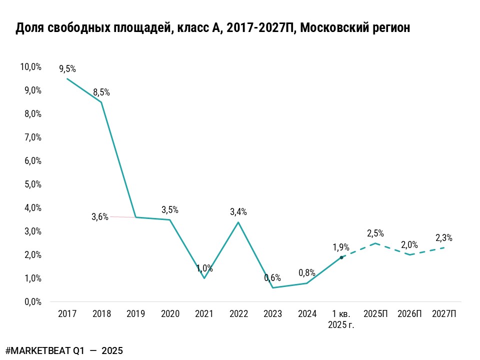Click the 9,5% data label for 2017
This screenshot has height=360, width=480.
pos(67,69)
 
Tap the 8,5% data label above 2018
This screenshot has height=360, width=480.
pos(101,92)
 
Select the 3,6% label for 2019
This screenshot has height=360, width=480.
pos(100,216)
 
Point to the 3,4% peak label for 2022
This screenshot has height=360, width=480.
pos(238,212)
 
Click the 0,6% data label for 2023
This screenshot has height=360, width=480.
pos(272,278)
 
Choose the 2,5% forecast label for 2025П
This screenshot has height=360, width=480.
pos(375,233)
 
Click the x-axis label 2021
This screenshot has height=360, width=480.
pos(204,314)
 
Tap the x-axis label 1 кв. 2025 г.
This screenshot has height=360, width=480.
pos(341,318)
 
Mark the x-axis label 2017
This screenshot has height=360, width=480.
pos(67,314)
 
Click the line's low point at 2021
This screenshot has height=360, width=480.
pos(204,278)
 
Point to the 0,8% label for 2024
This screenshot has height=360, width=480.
pos(307,273)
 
